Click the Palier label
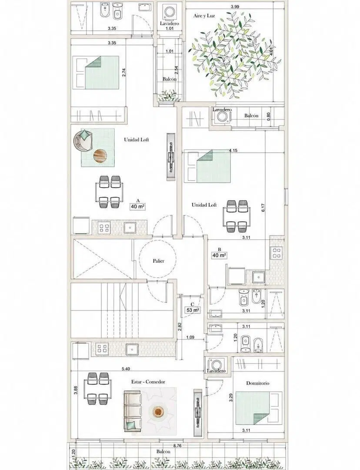tap(158, 261)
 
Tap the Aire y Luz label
tap(204, 16)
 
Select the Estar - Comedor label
tap(148, 382)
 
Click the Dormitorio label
tap(257, 383)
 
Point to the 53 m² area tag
tap(193, 310)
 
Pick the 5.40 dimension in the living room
tap(126, 369)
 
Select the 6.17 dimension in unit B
tap(263, 208)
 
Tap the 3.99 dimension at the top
tap(235, 7)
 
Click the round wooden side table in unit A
tap(100, 156)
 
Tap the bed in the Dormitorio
tap(259, 408)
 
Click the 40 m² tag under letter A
tap(138, 207)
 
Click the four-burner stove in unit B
tap(276, 252)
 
